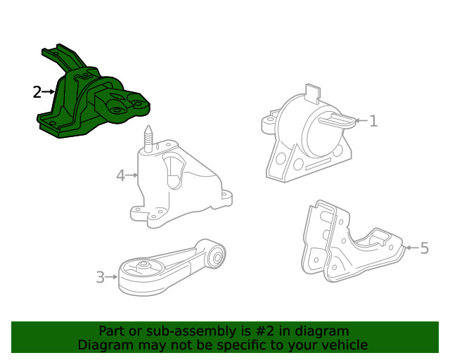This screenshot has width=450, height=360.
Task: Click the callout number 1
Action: (x=373, y=121)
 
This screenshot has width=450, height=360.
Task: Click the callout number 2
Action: (x=37, y=91)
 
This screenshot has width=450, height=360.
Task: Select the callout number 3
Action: (x=100, y=278)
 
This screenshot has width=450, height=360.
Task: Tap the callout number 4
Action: (x=121, y=175)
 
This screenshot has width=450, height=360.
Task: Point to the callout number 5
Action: (x=424, y=247)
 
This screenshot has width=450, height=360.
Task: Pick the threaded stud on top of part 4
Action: (x=148, y=137)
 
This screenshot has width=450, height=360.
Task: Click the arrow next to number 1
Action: (x=359, y=121)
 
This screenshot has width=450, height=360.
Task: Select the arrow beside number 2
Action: (x=49, y=91)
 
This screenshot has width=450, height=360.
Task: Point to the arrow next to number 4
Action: (x=132, y=175)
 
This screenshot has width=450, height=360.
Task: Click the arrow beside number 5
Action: (x=411, y=247)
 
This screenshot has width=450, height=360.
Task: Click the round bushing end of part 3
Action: (x=217, y=254)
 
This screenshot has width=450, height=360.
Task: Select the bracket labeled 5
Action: (x=345, y=243)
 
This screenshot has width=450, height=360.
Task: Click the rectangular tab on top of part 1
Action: (x=312, y=93)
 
